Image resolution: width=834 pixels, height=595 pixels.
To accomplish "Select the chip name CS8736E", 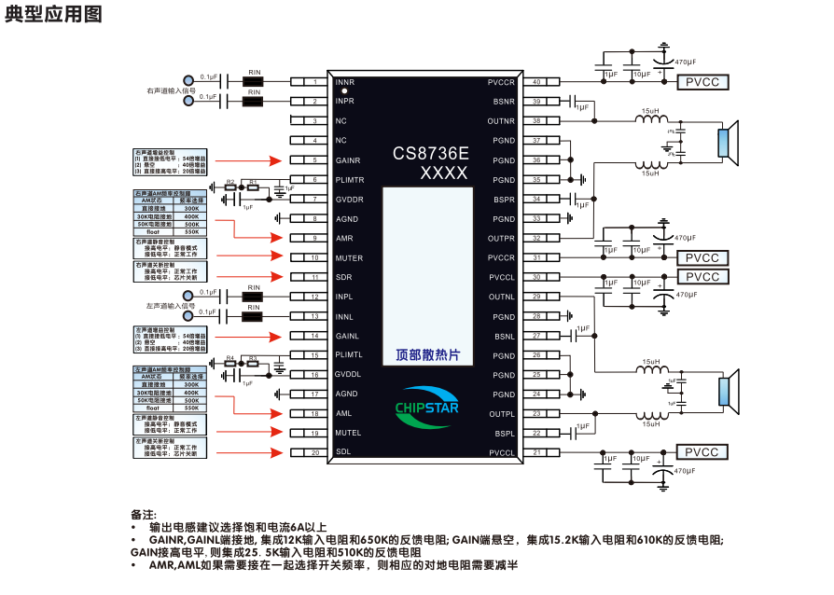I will [x=430, y=152].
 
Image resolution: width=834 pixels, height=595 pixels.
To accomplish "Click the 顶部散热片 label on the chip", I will [x=428, y=355].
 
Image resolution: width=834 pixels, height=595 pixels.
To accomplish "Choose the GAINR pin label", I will [x=347, y=160].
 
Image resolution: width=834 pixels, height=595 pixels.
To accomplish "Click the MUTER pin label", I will [x=348, y=258].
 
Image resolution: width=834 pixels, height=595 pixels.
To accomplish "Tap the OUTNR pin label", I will [x=501, y=121].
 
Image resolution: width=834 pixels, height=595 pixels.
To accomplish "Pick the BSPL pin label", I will [x=504, y=434].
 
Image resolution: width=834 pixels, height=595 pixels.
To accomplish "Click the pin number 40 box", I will [x=537, y=82].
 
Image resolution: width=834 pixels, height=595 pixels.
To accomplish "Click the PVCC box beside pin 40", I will [x=702, y=82].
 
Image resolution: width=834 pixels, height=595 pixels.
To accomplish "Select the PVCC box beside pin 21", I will [x=702, y=453].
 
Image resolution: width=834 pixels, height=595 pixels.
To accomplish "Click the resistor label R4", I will [x=229, y=358].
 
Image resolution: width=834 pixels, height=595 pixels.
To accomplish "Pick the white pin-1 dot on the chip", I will [x=344, y=91].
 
